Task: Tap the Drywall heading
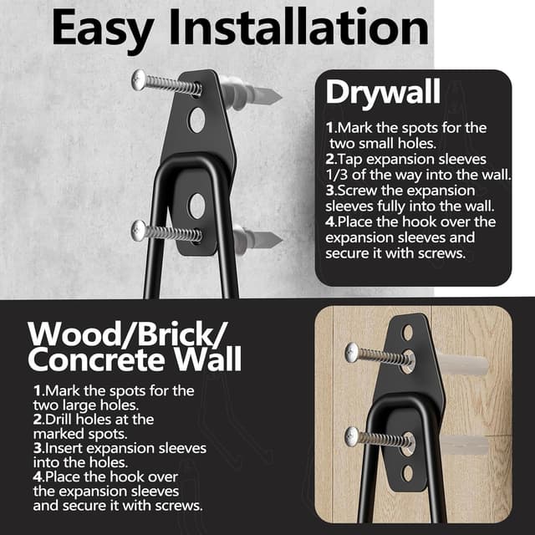pyautogui.click(x=383, y=92)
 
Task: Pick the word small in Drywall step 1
pyautogui.click(x=372, y=143)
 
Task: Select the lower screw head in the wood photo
pyautogui.click(x=354, y=435)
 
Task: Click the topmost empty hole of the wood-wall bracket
pyautogui.click(x=407, y=333)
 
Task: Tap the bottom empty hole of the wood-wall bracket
pyautogui.click(x=407, y=473)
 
